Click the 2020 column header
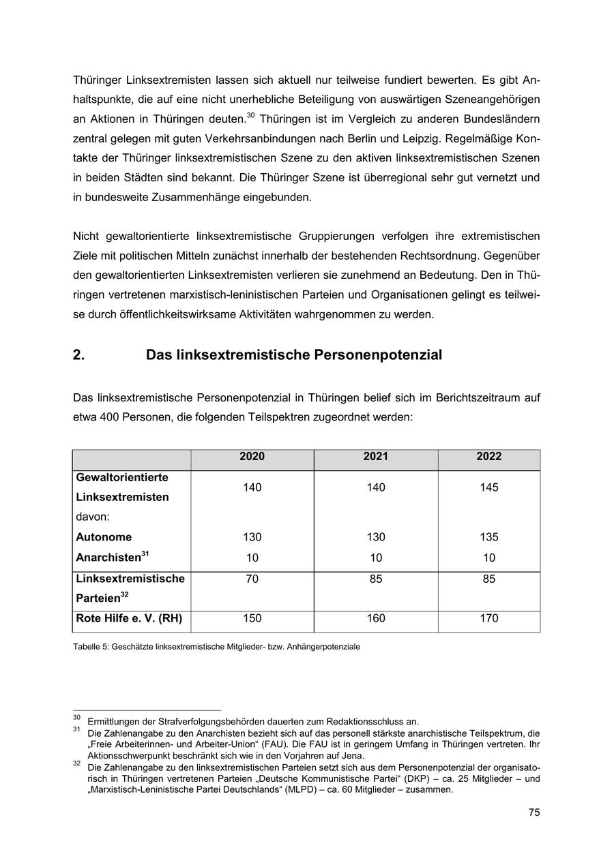pos(252,457)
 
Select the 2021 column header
pos(375,457)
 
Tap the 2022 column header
pos(488,457)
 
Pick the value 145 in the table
pos(488,487)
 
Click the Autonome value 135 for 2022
pos(488,537)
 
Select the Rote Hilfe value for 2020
pos(252,619)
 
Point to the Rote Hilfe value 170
pos(488,619)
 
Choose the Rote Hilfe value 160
pos(375,619)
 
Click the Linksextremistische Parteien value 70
pos(252,579)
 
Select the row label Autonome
pos(104,537)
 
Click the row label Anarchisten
pos(108,558)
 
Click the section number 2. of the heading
pos(78,355)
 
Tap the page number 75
pos(533,812)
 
